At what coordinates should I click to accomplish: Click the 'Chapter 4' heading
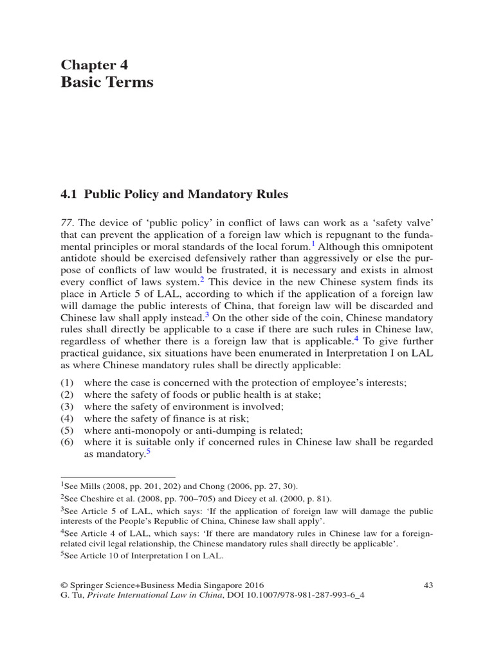(x=95, y=64)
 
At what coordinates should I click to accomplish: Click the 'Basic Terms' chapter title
(x=107, y=82)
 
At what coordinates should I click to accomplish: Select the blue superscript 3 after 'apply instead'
(x=207, y=316)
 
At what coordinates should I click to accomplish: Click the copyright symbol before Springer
(x=64, y=585)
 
